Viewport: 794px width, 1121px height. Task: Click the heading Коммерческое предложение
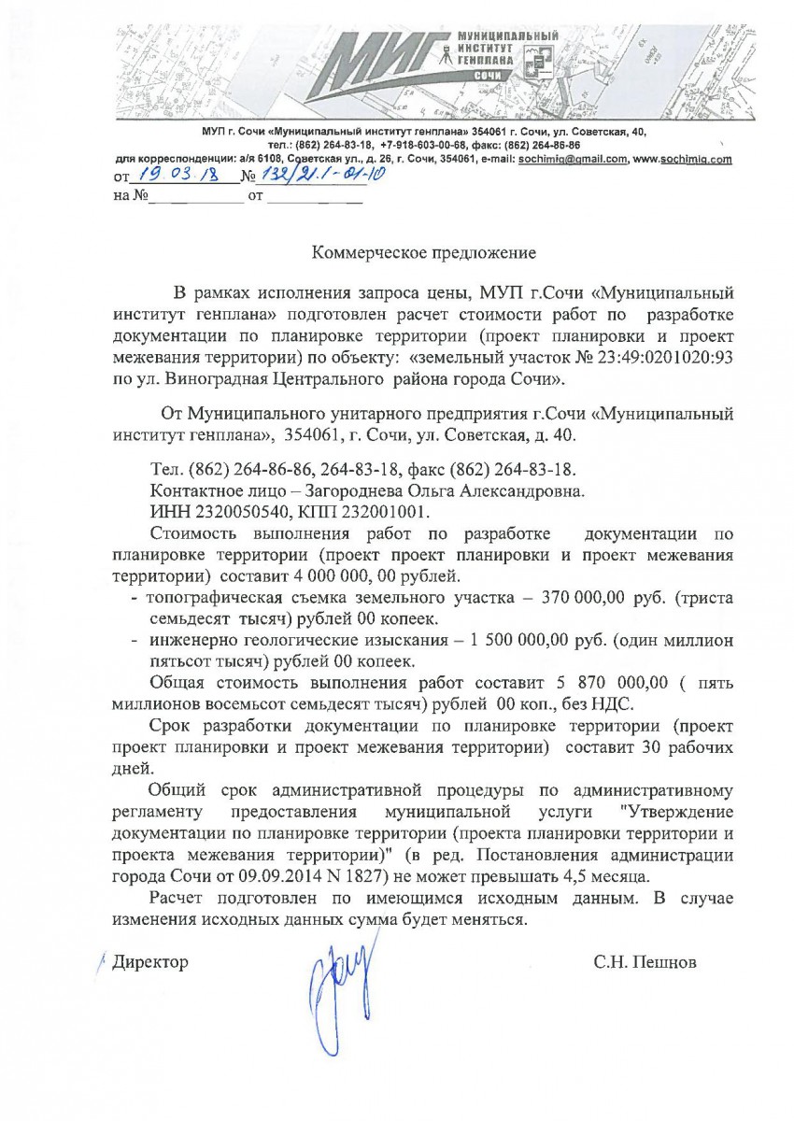(x=424, y=251)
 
